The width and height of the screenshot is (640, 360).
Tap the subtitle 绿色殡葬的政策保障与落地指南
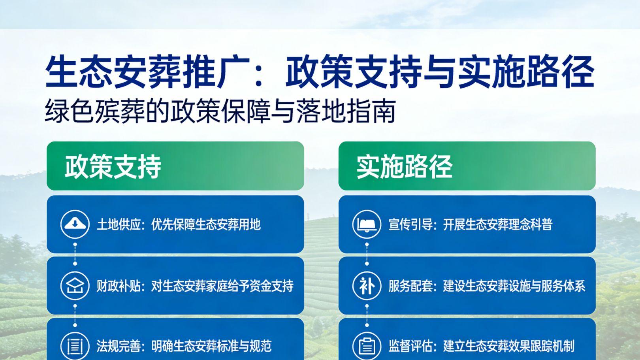click(x=220, y=112)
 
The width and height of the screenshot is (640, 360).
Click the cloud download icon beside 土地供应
click(x=75, y=224)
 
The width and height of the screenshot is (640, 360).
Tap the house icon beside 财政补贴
click(x=75, y=285)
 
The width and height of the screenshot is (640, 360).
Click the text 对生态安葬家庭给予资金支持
click(x=222, y=286)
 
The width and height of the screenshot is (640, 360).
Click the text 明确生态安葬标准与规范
click(x=211, y=346)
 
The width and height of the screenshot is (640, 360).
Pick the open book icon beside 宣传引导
click(x=366, y=224)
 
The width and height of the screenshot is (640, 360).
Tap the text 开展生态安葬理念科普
click(x=497, y=224)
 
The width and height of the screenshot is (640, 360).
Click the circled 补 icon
click(x=366, y=285)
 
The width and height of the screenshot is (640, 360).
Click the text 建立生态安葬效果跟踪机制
click(x=508, y=346)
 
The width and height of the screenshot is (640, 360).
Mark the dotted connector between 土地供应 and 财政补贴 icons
click(x=75, y=254)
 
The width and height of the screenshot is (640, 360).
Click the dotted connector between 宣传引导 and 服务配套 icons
click(x=367, y=254)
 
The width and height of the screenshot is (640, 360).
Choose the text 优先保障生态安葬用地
click(x=206, y=224)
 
